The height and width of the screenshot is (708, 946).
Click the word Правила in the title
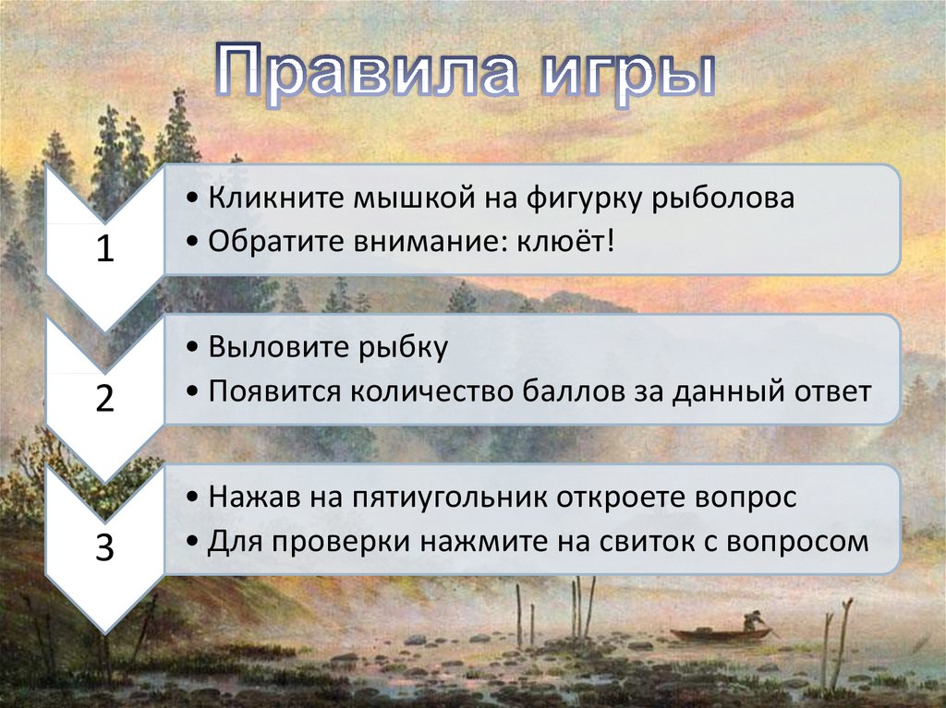[366, 72]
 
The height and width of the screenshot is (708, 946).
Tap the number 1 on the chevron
[105, 248]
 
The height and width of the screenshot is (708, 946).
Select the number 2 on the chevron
[105, 398]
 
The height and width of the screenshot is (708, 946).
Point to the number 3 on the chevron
[105, 547]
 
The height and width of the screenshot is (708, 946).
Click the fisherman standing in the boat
[752, 620]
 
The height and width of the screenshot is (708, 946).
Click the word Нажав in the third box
[255, 498]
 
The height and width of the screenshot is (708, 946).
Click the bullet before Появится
[192, 393]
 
